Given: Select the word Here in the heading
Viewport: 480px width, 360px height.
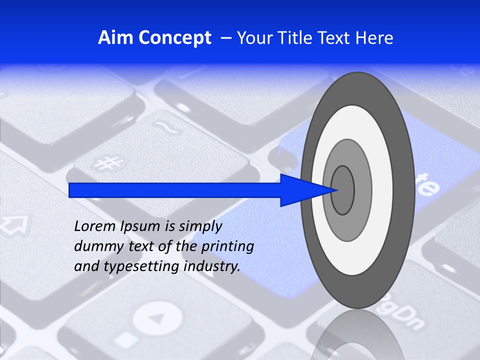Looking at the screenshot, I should [x=373, y=38].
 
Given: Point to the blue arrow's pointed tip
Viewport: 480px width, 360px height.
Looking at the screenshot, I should [x=338, y=190].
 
